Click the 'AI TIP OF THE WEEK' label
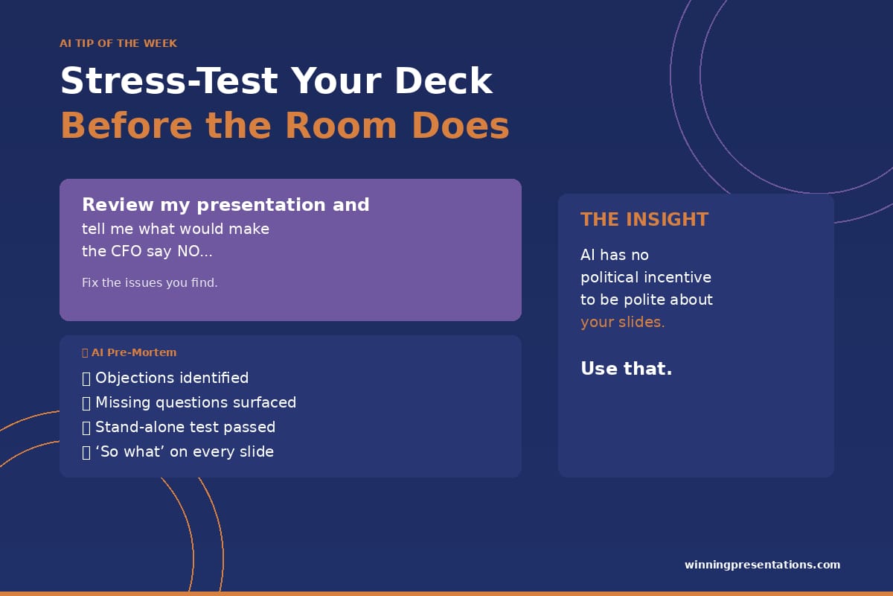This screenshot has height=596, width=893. coord(118,43)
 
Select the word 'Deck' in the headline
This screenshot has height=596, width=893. coord(444,81)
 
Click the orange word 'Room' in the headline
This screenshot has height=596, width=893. coord(342,125)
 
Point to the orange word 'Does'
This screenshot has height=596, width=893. coord(461,125)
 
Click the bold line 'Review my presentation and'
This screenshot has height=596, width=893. coord(225,205)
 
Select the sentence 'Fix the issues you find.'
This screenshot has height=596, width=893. coord(150,282)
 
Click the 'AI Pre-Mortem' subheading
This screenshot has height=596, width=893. coord(134,352)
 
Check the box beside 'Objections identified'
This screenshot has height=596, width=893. coord(86,378)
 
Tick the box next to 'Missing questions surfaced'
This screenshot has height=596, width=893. coord(86,403)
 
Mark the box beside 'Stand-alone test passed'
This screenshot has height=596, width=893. coord(86,428)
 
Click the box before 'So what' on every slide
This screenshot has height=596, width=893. coord(86,453)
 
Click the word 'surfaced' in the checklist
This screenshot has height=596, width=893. coord(265,402)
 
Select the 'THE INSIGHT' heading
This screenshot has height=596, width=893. coord(644,220)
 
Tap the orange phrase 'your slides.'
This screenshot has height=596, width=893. coord(623,322)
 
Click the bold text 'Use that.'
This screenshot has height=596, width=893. coord(627,369)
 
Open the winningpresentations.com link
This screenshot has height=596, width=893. coord(762,565)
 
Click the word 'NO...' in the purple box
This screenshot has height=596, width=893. coord(195,252)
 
